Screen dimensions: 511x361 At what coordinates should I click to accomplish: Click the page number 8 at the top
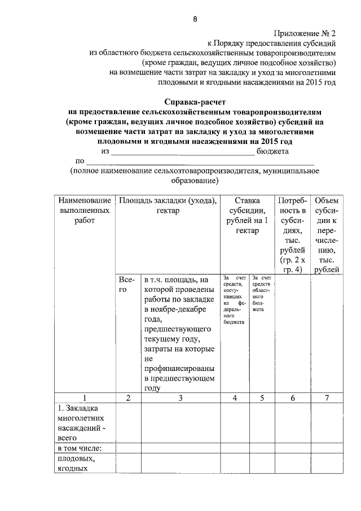click(195, 19)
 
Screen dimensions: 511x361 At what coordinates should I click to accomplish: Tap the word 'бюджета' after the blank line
click(274, 151)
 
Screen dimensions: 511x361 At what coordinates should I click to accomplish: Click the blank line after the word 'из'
click(183, 152)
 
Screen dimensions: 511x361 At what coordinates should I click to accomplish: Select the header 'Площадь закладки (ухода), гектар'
click(168, 205)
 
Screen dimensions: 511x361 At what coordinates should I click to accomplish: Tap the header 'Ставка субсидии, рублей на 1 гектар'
click(247, 215)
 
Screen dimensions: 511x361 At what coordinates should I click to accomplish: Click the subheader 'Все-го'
click(127, 284)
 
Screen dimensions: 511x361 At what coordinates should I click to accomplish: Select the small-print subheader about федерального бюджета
click(234, 300)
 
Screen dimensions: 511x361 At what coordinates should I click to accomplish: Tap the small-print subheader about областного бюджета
click(262, 294)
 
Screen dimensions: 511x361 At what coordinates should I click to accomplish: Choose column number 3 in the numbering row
click(180, 398)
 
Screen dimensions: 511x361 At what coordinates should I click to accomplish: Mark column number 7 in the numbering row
click(327, 398)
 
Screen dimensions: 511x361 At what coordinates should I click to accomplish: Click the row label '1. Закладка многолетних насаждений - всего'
click(82, 423)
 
